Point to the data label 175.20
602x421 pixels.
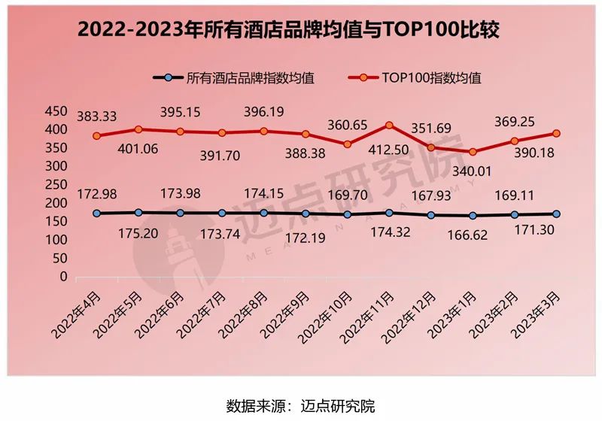[x=138, y=232]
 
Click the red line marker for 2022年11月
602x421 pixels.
[x=388, y=126]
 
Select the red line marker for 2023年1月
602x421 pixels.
[x=473, y=152]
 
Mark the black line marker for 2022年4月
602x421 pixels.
[x=96, y=214]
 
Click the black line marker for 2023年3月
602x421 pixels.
[x=555, y=214]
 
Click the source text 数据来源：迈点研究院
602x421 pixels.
[x=300, y=406]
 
